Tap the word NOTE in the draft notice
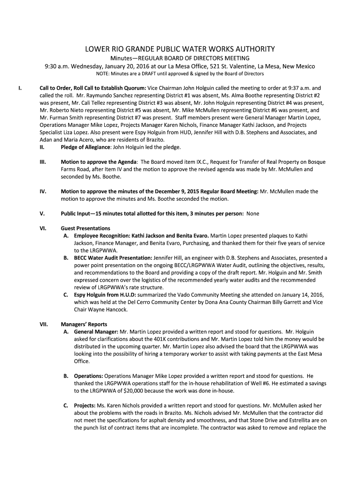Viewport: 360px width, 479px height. [102, 74]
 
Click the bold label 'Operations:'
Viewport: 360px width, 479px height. [89, 376]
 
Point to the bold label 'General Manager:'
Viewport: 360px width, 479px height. [96, 331]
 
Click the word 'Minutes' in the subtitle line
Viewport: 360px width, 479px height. [123, 58]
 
